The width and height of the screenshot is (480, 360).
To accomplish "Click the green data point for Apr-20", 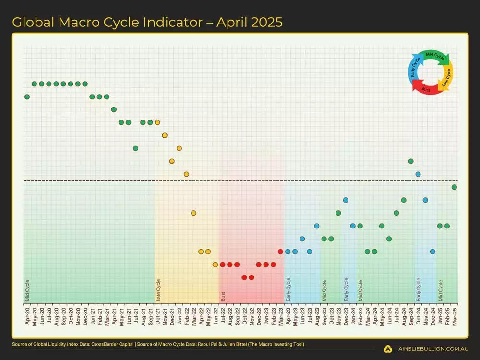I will click(27, 96).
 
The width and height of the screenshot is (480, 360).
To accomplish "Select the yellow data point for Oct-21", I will click(157, 122).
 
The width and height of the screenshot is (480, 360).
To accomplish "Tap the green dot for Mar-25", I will click(454, 187).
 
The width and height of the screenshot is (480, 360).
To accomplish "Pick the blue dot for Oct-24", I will click(418, 174).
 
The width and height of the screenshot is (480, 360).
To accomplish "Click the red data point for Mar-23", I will click(280, 251).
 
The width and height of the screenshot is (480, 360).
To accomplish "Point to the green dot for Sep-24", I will click(411, 161).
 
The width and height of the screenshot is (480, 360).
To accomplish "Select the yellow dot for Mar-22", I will click(193, 213).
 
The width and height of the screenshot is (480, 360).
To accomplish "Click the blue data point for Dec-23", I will click(346, 200).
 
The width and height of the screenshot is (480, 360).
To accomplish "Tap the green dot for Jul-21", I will click(136, 148).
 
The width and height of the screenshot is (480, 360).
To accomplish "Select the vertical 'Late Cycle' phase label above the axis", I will click(158, 290).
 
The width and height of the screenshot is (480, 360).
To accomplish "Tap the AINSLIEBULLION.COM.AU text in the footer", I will click(432, 349).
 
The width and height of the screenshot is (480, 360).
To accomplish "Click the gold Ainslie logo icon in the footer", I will click(388, 349).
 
